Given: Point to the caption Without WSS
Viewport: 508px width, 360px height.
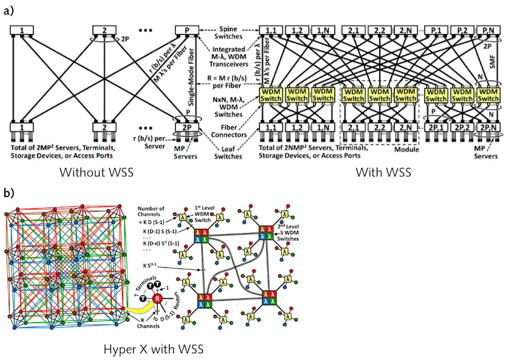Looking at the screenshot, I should coord(96,173).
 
